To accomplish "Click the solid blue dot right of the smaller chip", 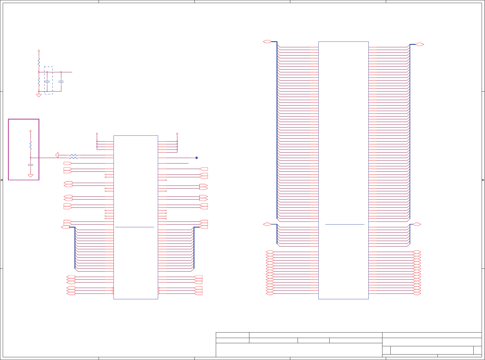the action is coord(197,158).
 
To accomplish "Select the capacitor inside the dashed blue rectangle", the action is coord(47,81).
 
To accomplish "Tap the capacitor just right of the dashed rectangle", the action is coord(61,81).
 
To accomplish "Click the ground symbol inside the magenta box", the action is coord(31,175).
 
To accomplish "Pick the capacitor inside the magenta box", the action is coord(31,165).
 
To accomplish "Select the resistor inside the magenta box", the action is coord(31,145).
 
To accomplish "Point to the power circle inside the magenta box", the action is coord(31,131).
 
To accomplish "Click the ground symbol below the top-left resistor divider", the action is coord(39,95).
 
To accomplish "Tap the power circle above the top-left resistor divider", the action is coord(39,51).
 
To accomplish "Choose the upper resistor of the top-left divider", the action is coord(39,62).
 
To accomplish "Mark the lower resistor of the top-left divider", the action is coord(39,81).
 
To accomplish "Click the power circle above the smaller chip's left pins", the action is coord(97,134).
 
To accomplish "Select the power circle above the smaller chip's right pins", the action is coord(177,134).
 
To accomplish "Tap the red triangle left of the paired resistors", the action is coord(57,155).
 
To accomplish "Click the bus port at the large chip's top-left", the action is coord(267,41).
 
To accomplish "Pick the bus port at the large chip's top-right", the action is coord(420,44).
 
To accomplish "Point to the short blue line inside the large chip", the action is coord(345,224).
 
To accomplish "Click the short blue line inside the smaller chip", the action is coord(135,227).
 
